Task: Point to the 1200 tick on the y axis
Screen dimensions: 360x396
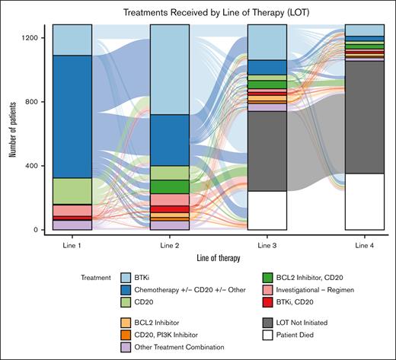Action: (36, 38)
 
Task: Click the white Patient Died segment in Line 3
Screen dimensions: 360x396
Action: (267, 210)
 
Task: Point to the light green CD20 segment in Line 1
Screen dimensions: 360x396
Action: (72, 191)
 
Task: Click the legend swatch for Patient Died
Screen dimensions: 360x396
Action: (247, 334)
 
